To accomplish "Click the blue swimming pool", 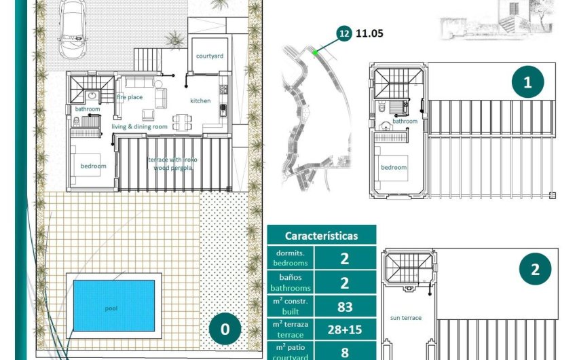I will [x=113, y=306].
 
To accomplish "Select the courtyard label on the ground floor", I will [x=210, y=56].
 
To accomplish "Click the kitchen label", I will [x=200, y=101].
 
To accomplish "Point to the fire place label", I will [x=129, y=97].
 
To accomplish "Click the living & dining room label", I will [x=139, y=126].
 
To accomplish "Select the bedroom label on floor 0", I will [x=93, y=166].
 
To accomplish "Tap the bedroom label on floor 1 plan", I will [x=393, y=167].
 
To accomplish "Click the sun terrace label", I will [x=406, y=317].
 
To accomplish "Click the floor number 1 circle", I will [x=527, y=82].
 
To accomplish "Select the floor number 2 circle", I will [x=535, y=270].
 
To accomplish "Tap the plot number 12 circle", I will [x=344, y=32].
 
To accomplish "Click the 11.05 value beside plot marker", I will [x=370, y=32].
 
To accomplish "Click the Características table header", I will [x=321, y=236].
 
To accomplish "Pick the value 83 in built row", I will [x=345, y=306].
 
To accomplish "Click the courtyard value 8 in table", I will [x=345, y=352].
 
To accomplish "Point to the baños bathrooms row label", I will [x=291, y=283].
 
